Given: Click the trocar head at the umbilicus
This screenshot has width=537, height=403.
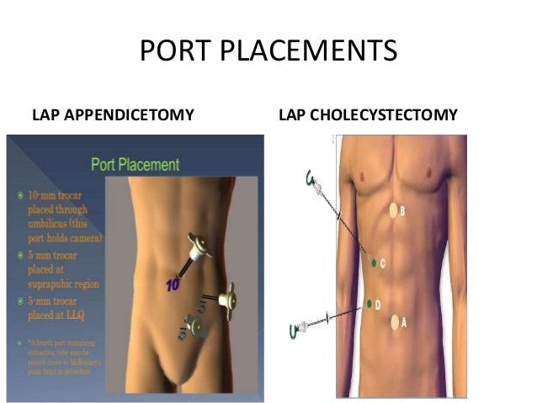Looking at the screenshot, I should (199, 247).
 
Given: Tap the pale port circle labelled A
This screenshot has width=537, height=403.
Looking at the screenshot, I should (395, 321).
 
